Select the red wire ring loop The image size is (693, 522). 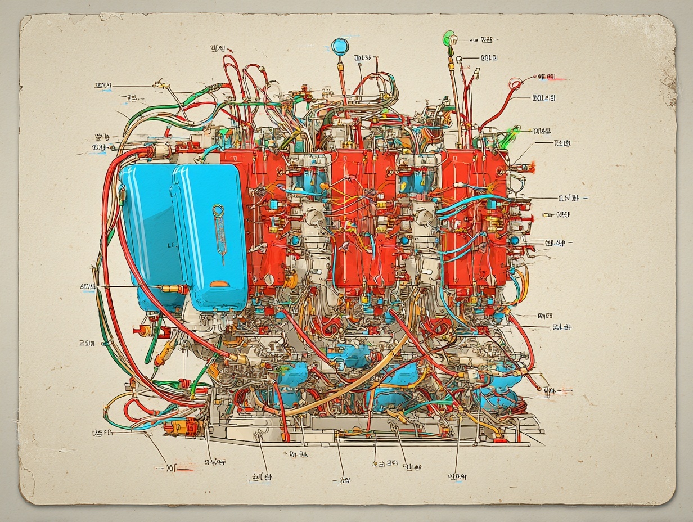514,85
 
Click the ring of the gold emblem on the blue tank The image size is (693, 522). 218,211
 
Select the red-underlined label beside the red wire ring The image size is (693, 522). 547,76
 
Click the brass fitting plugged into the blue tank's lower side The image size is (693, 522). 172,289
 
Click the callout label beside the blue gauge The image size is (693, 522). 363,57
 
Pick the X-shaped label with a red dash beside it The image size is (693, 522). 172,467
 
